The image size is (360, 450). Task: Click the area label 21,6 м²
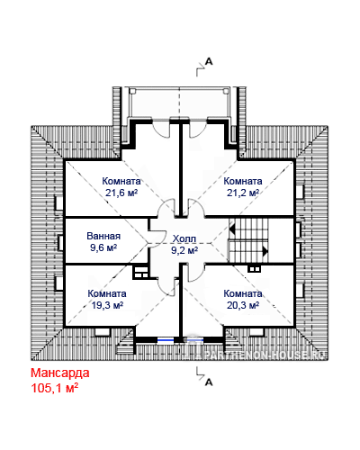[121, 193]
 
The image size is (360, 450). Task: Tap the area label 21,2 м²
[243, 193]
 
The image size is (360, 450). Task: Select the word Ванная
[103, 236]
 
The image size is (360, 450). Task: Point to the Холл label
[184, 238]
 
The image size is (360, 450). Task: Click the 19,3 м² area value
[107, 305]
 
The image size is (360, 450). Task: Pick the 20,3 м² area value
[243, 305]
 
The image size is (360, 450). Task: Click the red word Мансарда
[60, 373]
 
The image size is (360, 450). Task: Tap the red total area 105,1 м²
[55, 388]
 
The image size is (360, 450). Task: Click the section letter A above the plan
[209, 62]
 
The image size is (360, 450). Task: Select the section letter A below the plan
[209, 382]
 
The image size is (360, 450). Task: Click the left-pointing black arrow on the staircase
[232, 229]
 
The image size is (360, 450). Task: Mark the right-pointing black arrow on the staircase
[265, 251]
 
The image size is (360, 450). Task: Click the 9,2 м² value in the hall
[184, 250]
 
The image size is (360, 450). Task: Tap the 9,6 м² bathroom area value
[103, 247]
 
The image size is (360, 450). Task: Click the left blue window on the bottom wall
[166, 340]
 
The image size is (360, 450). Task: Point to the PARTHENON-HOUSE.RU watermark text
[265, 355]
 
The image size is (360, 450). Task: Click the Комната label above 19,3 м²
[107, 293]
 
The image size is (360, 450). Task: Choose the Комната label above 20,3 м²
[243, 293]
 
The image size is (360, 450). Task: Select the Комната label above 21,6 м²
[121, 181]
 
